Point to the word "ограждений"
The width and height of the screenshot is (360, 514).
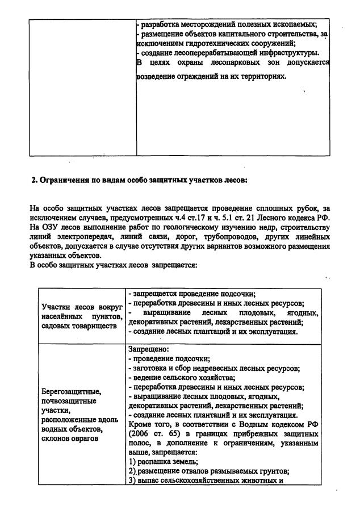pos(198,76)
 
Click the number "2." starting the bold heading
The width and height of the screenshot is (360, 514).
pos(34,180)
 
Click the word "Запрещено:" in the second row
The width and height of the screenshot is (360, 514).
pos(149,349)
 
